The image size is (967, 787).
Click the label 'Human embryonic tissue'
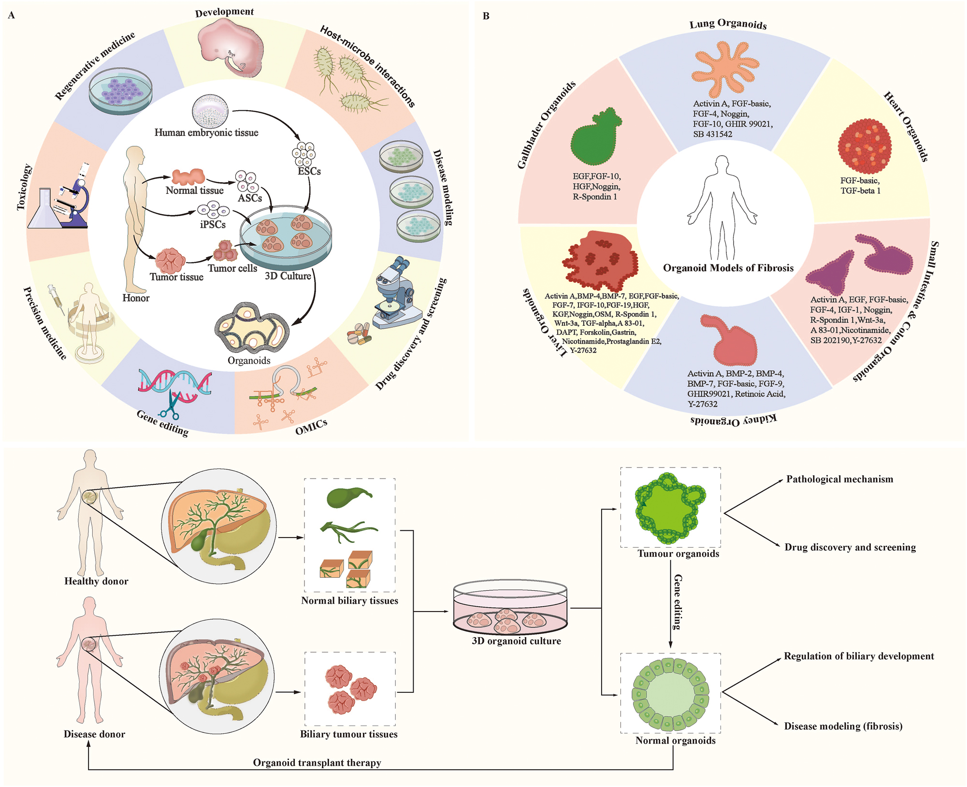pyautogui.click(x=206, y=132)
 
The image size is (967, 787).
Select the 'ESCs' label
pyautogui.click(x=309, y=172)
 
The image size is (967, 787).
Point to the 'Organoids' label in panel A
pyautogui.click(x=249, y=361)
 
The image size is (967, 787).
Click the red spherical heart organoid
pyautogui.click(x=865, y=146)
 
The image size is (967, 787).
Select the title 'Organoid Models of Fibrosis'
pyautogui.click(x=728, y=268)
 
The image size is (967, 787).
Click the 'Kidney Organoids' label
pyautogui.click(x=733, y=420)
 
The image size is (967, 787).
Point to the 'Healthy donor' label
pyautogui.click(x=96, y=582)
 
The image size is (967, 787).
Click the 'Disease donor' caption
pyautogui.click(x=94, y=734)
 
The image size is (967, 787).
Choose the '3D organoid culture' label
pyautogui.click(x=516, y=641)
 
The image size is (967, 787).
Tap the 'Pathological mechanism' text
pyautogui.click(x=839, y=480)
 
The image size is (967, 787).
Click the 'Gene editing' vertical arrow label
pyautogui.click(x=678, y=602)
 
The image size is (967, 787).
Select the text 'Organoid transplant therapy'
pyautogui.click(x=317, y=763)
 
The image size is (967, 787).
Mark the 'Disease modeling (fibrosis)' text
pyautogui.click(x=843, y=726)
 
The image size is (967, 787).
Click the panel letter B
pyautogui.click(x=486, y=16)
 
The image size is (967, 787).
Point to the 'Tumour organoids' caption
pyautogui.click(x=678, y=554)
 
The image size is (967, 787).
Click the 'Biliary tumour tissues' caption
pyautogui.click(x=348, y=734)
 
